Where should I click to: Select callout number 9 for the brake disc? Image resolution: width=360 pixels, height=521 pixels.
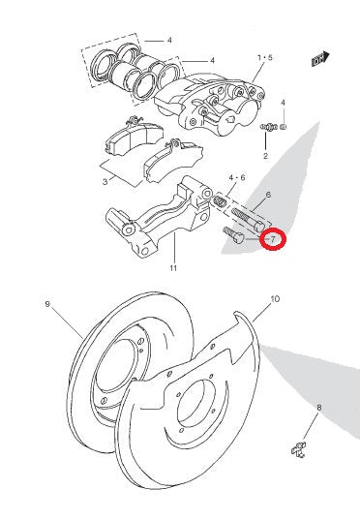(46, 304)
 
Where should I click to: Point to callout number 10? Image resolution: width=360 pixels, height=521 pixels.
(275, 299)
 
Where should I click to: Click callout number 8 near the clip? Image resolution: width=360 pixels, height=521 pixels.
(318, 408)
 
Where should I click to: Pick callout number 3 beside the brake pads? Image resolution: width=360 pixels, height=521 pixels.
(105, 181)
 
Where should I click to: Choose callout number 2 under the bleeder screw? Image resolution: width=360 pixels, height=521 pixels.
(265, 155)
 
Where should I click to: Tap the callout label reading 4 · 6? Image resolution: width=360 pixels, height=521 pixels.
(237, 178)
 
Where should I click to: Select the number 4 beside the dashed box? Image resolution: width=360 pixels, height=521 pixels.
(169, 41)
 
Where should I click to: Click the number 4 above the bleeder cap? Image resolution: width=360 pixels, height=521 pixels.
(284, 102)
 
